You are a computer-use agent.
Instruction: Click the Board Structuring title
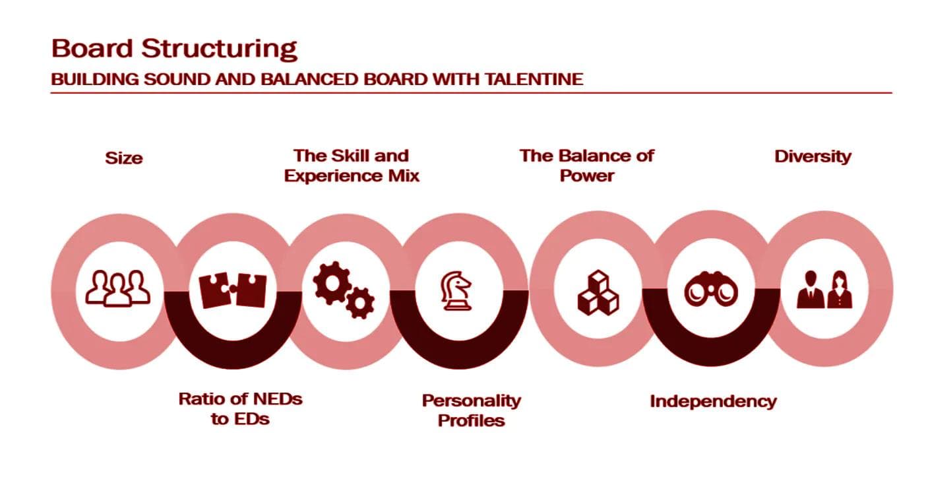[174, 49]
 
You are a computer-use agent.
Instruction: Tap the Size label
[124, 158]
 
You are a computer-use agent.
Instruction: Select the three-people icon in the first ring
[117, 289]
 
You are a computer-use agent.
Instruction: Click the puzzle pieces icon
[232, 290]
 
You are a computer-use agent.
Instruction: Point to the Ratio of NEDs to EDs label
[240, 408]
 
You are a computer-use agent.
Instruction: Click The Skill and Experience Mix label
[352, 166]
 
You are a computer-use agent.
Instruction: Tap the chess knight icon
[456, 291]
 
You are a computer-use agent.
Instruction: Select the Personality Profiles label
[471, 410]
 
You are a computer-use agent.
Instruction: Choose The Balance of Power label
[586, 166]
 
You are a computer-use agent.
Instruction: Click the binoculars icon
[711, 290]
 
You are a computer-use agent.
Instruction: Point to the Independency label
[713, 401]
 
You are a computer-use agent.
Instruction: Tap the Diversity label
[813, 157]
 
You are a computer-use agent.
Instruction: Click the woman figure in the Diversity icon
[840, 290]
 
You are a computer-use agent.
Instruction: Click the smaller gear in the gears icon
[360, 302]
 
